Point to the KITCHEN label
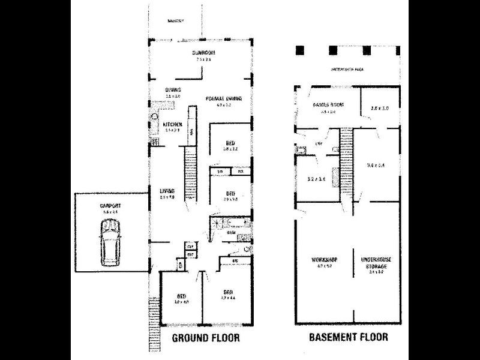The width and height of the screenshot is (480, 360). click(172, 124)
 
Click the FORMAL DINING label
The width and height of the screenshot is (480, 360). click(223, 98)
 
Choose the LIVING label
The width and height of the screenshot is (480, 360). click(166, 191)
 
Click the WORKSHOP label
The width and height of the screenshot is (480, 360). click(324, 259)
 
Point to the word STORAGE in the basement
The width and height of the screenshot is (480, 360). click(376, 266)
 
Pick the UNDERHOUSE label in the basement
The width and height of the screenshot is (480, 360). click(376, 259)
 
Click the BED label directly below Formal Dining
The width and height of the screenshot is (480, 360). click(230, 142)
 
